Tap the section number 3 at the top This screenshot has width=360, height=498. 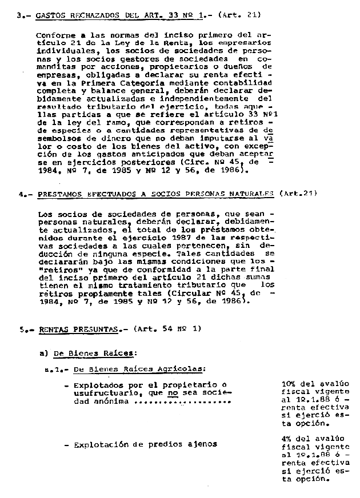pyautogui.click(x=20, y=15)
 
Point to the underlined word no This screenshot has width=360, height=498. pyautogui.click(x=173, y=393)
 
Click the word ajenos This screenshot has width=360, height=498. pyautogui.click(x=203, y=444)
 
